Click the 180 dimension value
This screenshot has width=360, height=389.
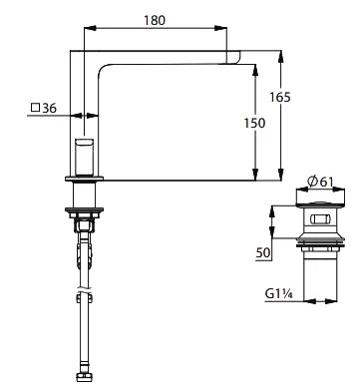point(155,20)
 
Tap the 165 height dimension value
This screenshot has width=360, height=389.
point(280,97)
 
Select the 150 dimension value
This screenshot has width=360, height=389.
point(254,123)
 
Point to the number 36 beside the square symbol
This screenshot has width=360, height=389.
point(50,108)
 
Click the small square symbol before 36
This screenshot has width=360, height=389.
point(35,108)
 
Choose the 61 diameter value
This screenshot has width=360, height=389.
point(326,182)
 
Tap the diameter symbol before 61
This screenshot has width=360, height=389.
point(312,182)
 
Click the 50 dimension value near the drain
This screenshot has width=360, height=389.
point(263,252)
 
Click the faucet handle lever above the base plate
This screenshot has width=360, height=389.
point(84,157)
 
